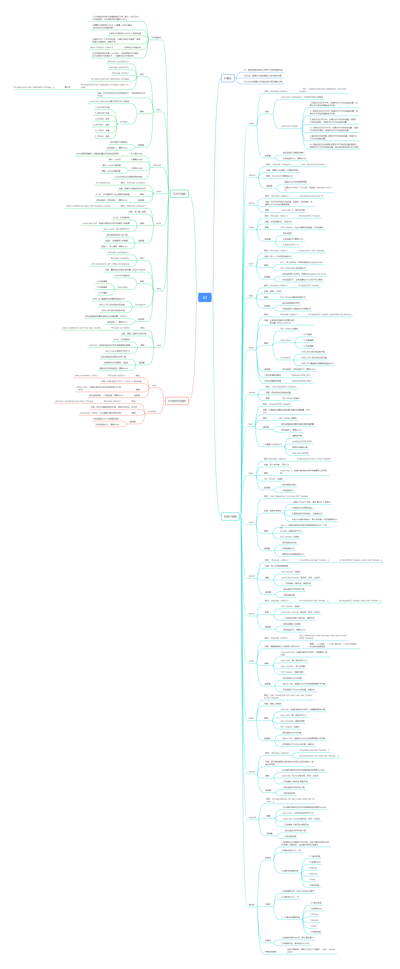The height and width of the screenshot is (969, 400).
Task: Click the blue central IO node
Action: (x=205, y=297)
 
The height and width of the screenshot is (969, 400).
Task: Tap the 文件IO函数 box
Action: (x=179, y=194)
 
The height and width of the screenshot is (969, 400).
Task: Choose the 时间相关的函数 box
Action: (x=177, y=401)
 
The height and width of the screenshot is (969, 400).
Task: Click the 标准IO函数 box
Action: (x=230, y=516)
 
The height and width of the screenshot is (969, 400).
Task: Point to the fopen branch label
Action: (x=251, y=123)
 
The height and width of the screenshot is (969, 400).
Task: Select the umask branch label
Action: (x=157, y=165)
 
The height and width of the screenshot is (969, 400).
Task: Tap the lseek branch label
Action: (x=158, y=289)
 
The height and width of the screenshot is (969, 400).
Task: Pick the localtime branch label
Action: (x=152, y=412)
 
